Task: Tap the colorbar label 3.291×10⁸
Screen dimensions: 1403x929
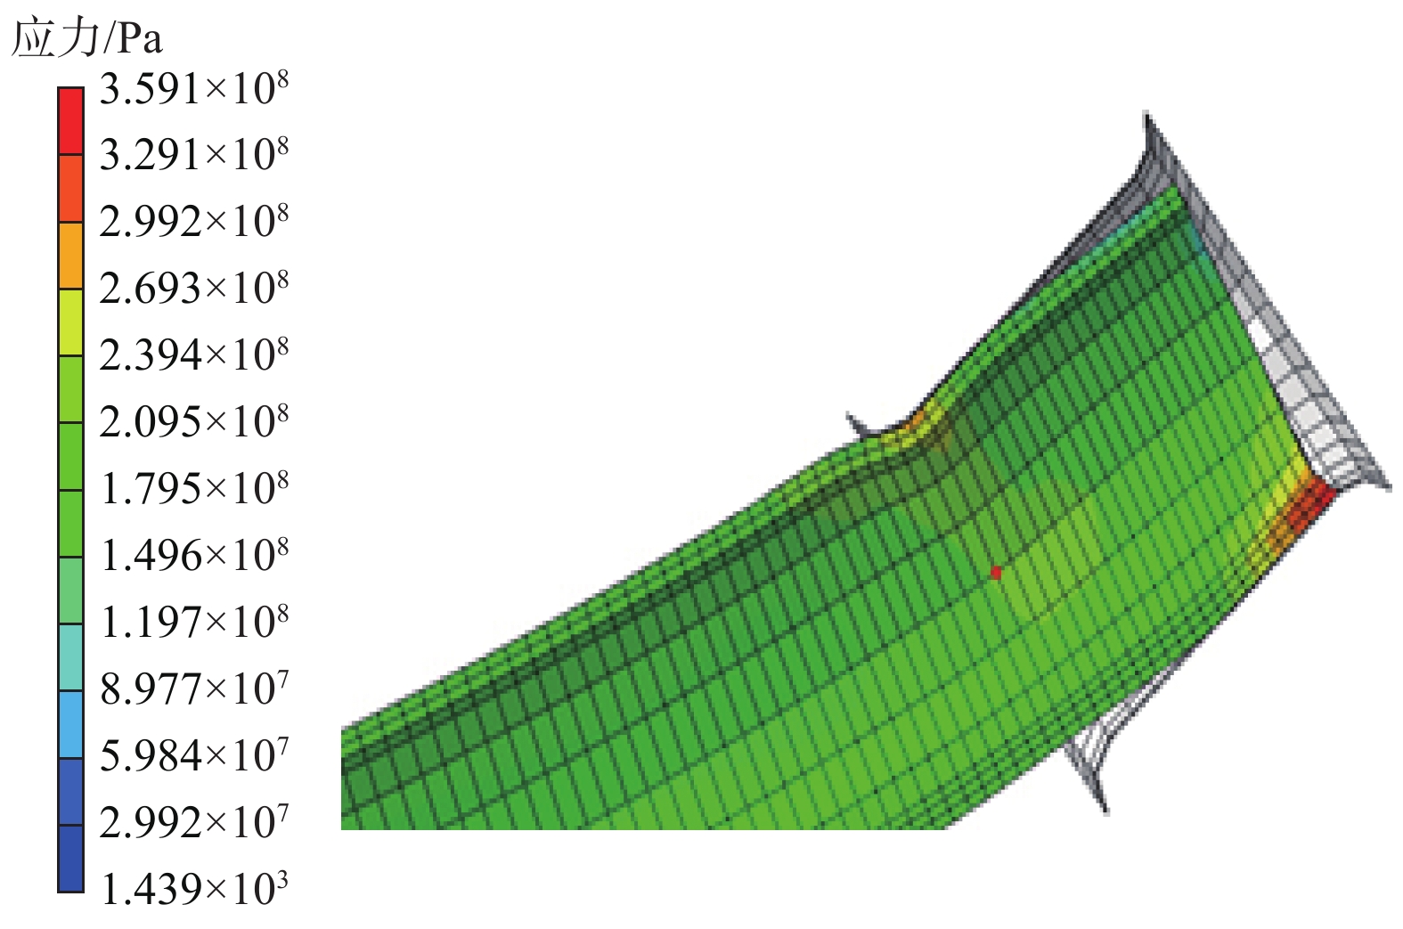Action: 194,155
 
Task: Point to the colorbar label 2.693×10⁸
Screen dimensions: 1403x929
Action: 194,289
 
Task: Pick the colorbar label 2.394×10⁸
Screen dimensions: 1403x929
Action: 194,355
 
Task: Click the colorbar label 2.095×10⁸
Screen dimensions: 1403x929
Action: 194,422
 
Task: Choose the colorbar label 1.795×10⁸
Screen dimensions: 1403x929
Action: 194,489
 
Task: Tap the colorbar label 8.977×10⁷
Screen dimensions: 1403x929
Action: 194,689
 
